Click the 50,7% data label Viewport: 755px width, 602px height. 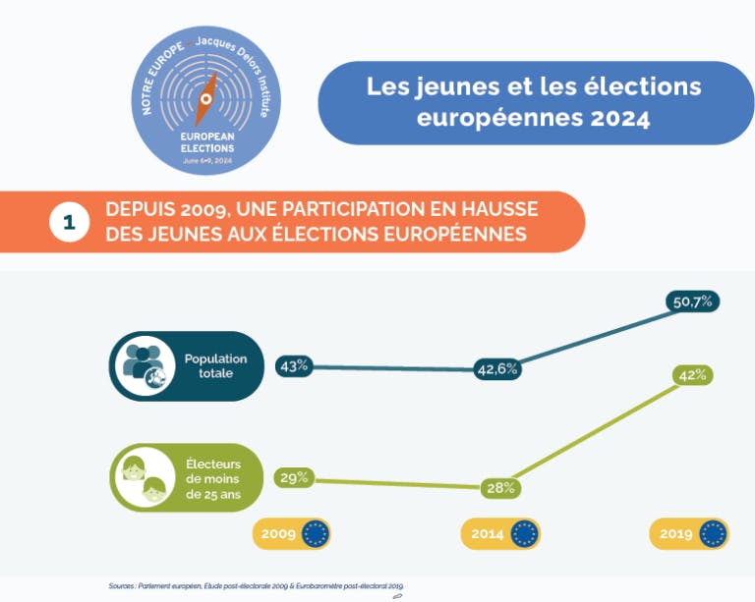693,301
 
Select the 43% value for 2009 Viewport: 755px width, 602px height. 295,365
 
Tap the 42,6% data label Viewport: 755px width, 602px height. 497,369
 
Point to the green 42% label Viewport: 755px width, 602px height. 692,374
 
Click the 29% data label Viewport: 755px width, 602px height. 295,478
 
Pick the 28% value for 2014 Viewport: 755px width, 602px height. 500,487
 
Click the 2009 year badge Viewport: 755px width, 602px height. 292,534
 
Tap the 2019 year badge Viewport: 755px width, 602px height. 688,534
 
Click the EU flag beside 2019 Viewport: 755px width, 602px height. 713,534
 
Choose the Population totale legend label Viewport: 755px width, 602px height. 215,366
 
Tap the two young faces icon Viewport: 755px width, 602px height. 144,478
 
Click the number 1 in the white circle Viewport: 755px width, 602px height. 69,222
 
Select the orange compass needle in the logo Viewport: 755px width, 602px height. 206,96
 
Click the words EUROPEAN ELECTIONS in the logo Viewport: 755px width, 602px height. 206,141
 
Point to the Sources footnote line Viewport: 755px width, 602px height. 256,586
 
